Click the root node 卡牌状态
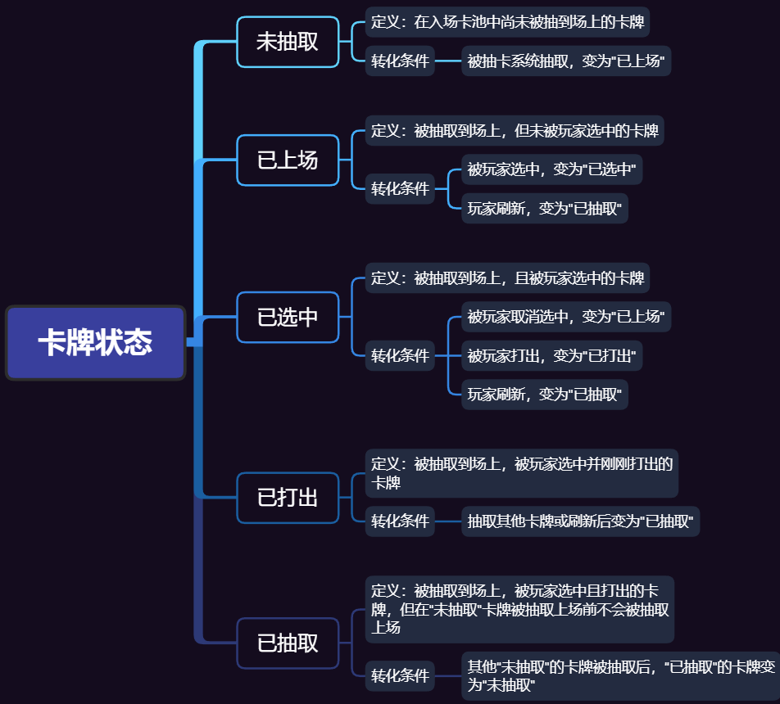[96, 342]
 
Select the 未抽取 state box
[288, 42]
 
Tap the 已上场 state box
[288, 160]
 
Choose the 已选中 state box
[288, 317]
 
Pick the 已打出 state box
[288, 498]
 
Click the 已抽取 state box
[288, 643]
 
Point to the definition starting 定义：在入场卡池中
[507, 22]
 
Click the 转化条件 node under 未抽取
[400, 61]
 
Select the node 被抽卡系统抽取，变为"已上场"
[566, 61]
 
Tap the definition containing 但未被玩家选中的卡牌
[515, 131]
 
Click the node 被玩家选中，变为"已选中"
[551, 169]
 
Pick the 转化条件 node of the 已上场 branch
[400, 189]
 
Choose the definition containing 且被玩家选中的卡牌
[507, 278]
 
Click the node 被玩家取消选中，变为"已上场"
[566, 317]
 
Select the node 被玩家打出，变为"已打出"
[551, 355]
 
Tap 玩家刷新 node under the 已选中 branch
[545, 395]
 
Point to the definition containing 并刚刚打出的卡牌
[522, 473]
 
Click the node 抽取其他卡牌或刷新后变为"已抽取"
[581, 521]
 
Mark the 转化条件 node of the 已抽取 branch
[400, 675]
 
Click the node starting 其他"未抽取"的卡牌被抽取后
[621, 676]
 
